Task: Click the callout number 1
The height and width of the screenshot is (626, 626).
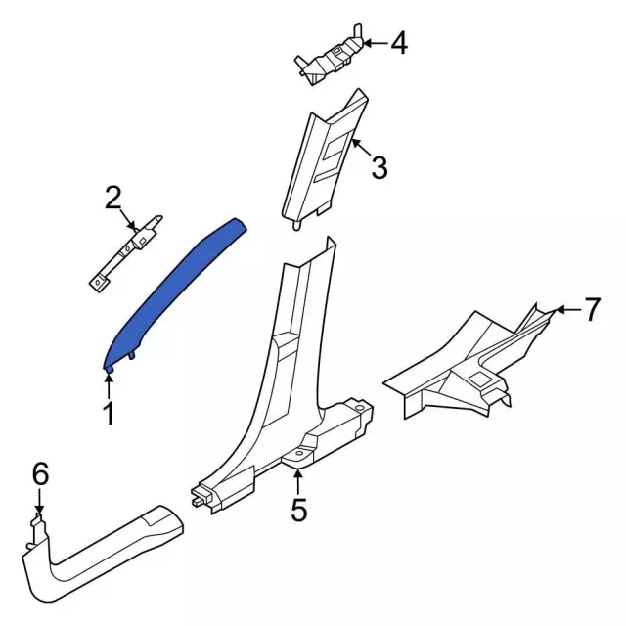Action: click(109, 414)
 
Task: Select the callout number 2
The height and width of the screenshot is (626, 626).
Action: click(113, 200)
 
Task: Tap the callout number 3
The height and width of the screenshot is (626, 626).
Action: click(380, 168)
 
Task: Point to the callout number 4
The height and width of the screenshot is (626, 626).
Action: click(398, 43)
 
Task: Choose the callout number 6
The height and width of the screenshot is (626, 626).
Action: click(40, 474)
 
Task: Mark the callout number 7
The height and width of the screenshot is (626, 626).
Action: click(592, 311)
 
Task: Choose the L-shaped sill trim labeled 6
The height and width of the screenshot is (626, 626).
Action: click(98, 558)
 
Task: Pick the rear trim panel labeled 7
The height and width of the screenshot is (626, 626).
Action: click(460, 362)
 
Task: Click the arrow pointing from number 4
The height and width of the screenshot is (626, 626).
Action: click(373, 43)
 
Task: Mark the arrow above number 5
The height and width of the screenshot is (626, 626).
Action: click(297, 479)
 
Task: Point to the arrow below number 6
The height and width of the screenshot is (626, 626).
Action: click(40, 504)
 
